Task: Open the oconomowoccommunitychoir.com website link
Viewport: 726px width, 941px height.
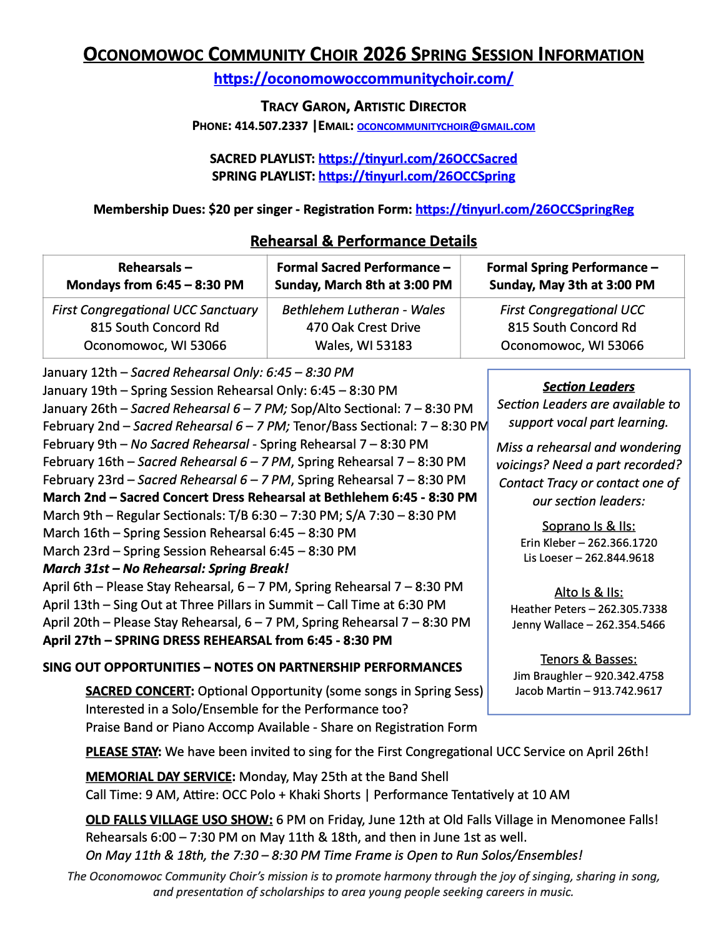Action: (x=363, y=79)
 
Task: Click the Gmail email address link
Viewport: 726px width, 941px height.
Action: (x=445, y=126)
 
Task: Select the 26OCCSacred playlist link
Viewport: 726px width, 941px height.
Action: (x=417, y=159)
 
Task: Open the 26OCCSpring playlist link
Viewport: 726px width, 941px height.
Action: (x=417, y=176)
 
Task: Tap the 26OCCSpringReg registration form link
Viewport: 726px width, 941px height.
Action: (x=524, y=209)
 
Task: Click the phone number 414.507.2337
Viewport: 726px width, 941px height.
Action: (x=271, y=126)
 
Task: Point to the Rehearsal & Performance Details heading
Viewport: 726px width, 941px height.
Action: (x=363, y=241)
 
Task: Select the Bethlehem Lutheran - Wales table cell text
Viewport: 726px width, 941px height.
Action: (x=363, y=310)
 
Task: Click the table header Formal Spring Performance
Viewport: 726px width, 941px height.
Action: (x=572, y=267)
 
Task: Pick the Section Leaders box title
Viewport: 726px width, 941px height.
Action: (x=589, y=387)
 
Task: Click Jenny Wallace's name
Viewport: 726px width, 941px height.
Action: (x=550, y=625)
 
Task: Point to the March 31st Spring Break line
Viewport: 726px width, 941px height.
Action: (x=166, y=569)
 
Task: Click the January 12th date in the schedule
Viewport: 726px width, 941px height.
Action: (x=79, y=372)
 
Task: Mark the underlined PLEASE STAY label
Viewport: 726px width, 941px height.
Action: (x=123, y=752)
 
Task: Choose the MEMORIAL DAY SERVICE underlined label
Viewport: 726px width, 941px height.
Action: (x=160, y=777)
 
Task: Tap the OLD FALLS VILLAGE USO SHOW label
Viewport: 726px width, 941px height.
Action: (x=179, y=820)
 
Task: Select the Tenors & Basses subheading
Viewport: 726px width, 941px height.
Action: (x=589, y=659)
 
